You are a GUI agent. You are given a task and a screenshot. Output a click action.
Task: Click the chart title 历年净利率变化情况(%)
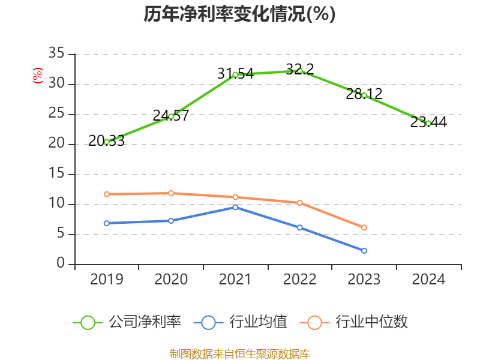point(239,14)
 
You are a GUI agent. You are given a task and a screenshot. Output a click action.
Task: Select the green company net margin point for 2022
point(300,71)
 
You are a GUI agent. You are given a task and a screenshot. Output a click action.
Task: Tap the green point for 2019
point(107,142)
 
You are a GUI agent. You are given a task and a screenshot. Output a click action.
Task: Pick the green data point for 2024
point(428,123)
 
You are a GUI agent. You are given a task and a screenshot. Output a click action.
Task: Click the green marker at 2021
point(235,74)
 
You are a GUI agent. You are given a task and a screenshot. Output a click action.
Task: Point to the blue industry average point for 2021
point(235,207)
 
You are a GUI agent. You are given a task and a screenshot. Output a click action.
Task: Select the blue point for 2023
point(364,250)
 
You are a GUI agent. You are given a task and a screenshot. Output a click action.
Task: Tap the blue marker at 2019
point(107,223)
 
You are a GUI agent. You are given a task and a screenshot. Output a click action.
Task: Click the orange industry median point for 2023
point(364,227)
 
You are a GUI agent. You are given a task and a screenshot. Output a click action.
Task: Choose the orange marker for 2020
point(171,193)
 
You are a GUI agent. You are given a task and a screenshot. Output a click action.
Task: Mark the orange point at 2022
point(300,203)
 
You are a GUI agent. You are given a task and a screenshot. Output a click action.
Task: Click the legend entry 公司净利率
point(127,322)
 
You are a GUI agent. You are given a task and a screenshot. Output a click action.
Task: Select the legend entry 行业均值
point(241,322)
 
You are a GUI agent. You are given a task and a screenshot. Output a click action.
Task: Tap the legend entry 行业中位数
point(358,322)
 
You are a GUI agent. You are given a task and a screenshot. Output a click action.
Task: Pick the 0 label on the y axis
point(61,264)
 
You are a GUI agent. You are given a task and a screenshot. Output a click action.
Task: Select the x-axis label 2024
point(428,279)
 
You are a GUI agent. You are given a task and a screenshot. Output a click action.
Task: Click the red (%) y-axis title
point(38,76)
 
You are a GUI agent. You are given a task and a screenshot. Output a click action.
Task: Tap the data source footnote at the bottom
point(239,353)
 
